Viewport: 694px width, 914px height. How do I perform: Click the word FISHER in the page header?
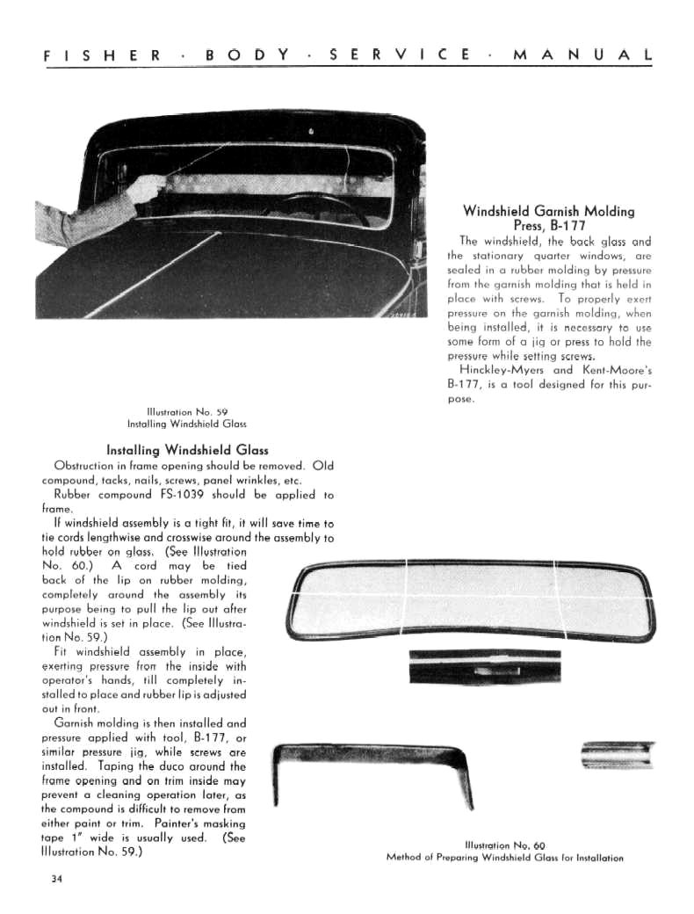pos(101,54)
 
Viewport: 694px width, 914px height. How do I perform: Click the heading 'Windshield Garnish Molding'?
pos(548,211)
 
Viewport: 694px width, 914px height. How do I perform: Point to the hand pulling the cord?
pos(149,187)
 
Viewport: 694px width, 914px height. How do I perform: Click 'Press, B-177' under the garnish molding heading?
pos(548,226)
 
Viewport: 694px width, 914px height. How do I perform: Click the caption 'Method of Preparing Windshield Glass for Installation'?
pos(504,858)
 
